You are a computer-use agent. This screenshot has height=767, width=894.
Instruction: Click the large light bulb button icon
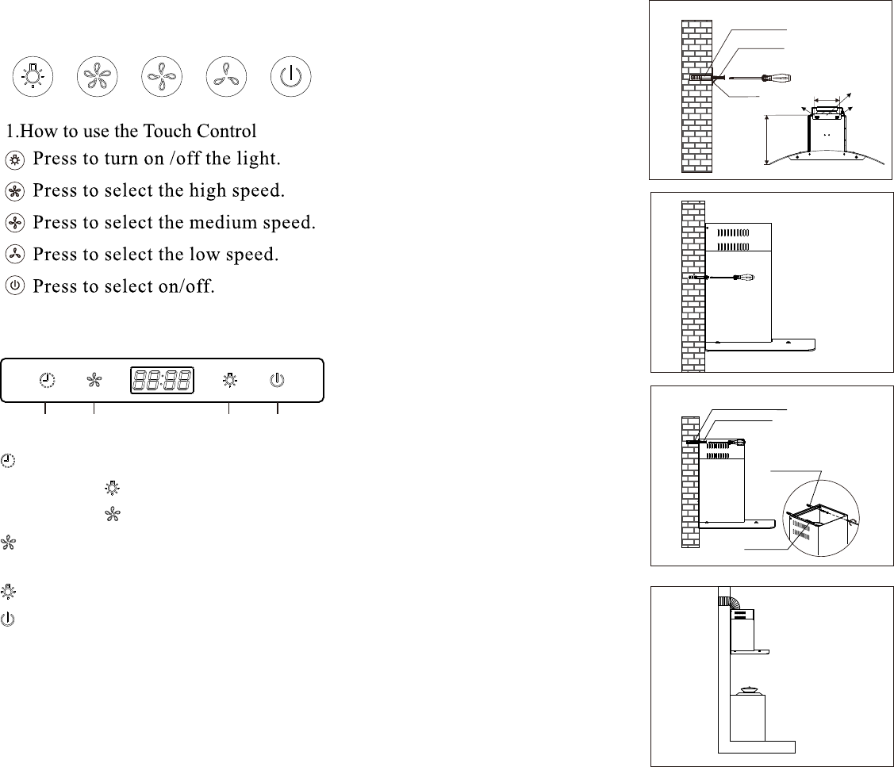(x=33, y=76)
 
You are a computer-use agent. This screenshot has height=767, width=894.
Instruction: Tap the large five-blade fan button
(x=98, y=76)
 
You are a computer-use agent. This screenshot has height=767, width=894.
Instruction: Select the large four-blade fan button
(x=162, y=76)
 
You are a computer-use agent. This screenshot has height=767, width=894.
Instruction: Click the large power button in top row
(x=291, y=76)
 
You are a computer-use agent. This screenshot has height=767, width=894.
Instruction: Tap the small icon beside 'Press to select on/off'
(x=15, y=285)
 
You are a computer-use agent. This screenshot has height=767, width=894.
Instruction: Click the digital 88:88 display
(x=162, y=381)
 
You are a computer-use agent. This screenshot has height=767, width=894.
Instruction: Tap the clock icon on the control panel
(x=48, y=380)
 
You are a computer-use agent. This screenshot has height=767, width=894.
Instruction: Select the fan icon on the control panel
(x=94, y=381)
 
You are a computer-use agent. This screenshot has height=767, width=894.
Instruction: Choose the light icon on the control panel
(x=230, y=380)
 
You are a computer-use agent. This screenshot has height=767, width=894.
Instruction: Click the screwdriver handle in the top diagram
(x=777, y=78)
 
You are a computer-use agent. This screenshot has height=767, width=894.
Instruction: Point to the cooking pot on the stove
(x=748, y=691)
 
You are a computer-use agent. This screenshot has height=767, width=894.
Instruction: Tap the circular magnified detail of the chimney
(x=821, y=519)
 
